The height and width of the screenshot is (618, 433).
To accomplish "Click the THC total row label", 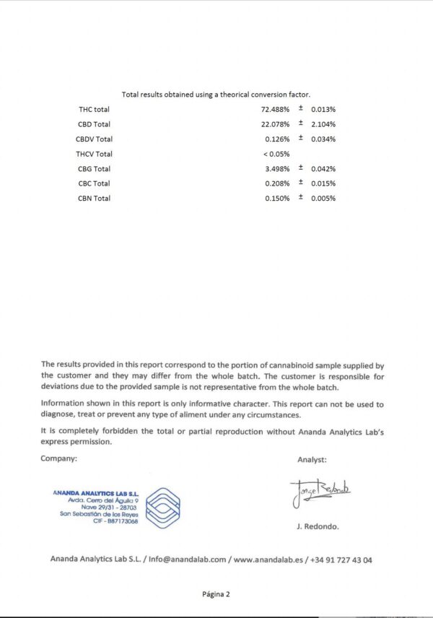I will (x=94, y=109).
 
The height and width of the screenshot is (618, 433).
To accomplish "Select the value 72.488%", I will (x=276, y=109).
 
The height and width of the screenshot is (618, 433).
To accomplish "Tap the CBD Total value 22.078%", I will (x=276, y=124).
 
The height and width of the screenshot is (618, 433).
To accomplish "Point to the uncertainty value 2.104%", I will (x=323, y=124).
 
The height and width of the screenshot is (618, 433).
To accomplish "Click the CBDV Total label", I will (x=94, y=139).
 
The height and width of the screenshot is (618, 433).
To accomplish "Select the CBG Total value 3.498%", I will (x=277, y=169).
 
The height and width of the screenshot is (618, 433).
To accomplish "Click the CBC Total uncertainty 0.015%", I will (x=323, y=183).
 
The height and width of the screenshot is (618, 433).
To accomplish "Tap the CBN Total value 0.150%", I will (x=277, y=199).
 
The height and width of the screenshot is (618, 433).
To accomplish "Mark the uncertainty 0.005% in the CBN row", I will (x=323, y=199).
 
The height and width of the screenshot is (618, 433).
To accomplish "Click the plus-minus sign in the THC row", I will (x=300, y=109).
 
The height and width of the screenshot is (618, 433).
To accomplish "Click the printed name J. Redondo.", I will (x=317, y=526).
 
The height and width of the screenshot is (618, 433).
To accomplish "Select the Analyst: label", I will (x=312, y=459).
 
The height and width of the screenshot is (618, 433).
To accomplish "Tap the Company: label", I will (x=58, y=458).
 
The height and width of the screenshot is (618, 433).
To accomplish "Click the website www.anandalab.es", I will (x=268, y=559).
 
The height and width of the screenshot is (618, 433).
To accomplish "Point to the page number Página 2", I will (x=216, y=595).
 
